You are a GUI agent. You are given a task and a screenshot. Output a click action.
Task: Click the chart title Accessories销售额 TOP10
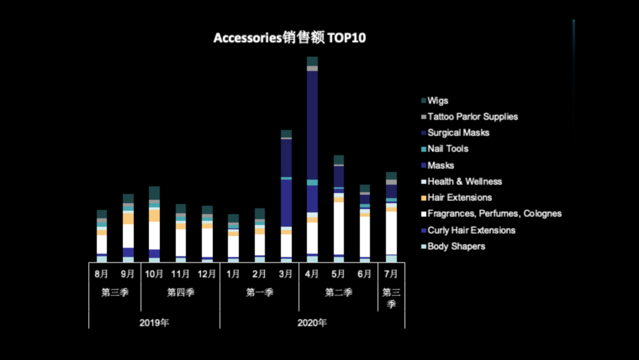tap(289, 38)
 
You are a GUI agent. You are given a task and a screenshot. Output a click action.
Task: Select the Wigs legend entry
tap(438, 101)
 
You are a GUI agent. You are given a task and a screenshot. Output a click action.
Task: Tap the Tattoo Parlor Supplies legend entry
tap(472, 117)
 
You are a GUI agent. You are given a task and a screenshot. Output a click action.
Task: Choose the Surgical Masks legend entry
tap(458, 133)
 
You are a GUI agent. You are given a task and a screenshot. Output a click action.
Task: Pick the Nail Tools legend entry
tap(447, 149)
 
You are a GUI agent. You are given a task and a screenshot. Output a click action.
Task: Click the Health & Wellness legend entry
tap(464, 181)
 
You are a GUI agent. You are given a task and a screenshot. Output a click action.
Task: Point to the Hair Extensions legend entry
tap(459, 197)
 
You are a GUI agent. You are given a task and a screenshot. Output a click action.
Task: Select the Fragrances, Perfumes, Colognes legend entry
tap(494, 213)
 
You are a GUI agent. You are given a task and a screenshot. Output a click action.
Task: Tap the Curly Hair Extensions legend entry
tap(471, 230)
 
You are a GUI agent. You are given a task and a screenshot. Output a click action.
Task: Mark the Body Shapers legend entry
tap(456, 246)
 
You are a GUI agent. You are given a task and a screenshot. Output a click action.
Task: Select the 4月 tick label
tap(312, 274)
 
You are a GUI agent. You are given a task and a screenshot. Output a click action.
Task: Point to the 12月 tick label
tap(207, 274)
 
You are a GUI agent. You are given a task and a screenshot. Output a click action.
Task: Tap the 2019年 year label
tap(154, 323)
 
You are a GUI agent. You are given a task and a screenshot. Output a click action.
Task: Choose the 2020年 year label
tap(312, 323)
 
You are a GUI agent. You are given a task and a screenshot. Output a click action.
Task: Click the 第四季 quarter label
tap(180, 292)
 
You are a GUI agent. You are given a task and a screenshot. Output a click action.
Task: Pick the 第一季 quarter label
tap(259, 292)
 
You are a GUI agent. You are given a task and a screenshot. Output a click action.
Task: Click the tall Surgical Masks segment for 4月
tap(312, 124)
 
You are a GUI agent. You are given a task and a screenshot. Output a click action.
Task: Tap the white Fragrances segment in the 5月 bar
tap(338, 228)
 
